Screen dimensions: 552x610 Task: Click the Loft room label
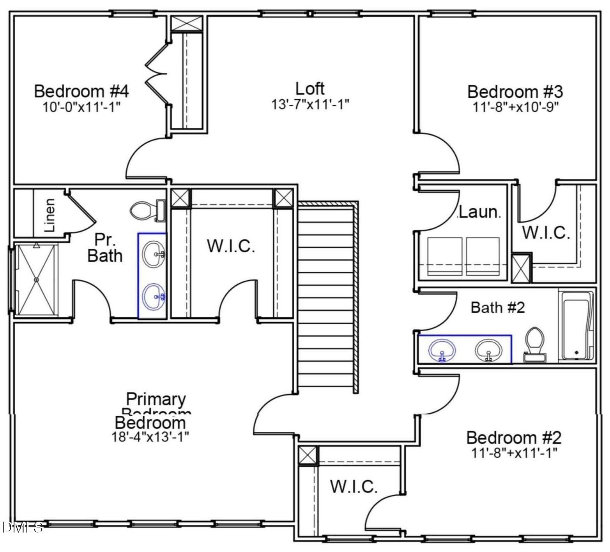click(310, 89)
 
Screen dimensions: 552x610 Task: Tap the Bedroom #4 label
click(81, 91)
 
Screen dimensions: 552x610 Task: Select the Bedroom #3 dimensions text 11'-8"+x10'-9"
click(516, 107)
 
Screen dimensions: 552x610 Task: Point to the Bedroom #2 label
click(514, 438)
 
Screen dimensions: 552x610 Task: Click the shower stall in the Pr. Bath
click(36, 279)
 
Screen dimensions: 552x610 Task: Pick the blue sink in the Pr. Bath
click(154, 297)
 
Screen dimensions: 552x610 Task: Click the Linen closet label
click(50, 215)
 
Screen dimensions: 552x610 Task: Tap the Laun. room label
click(479, 213)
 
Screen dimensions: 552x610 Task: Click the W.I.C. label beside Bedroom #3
click(546, 233)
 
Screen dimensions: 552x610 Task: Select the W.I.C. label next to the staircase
click(231, 246)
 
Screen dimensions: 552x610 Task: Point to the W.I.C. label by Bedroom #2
click(354, 487)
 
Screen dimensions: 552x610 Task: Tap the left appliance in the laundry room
click(445, 256)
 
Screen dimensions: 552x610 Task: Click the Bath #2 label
click(498, 308)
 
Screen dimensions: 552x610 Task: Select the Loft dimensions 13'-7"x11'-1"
click(310, 105)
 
